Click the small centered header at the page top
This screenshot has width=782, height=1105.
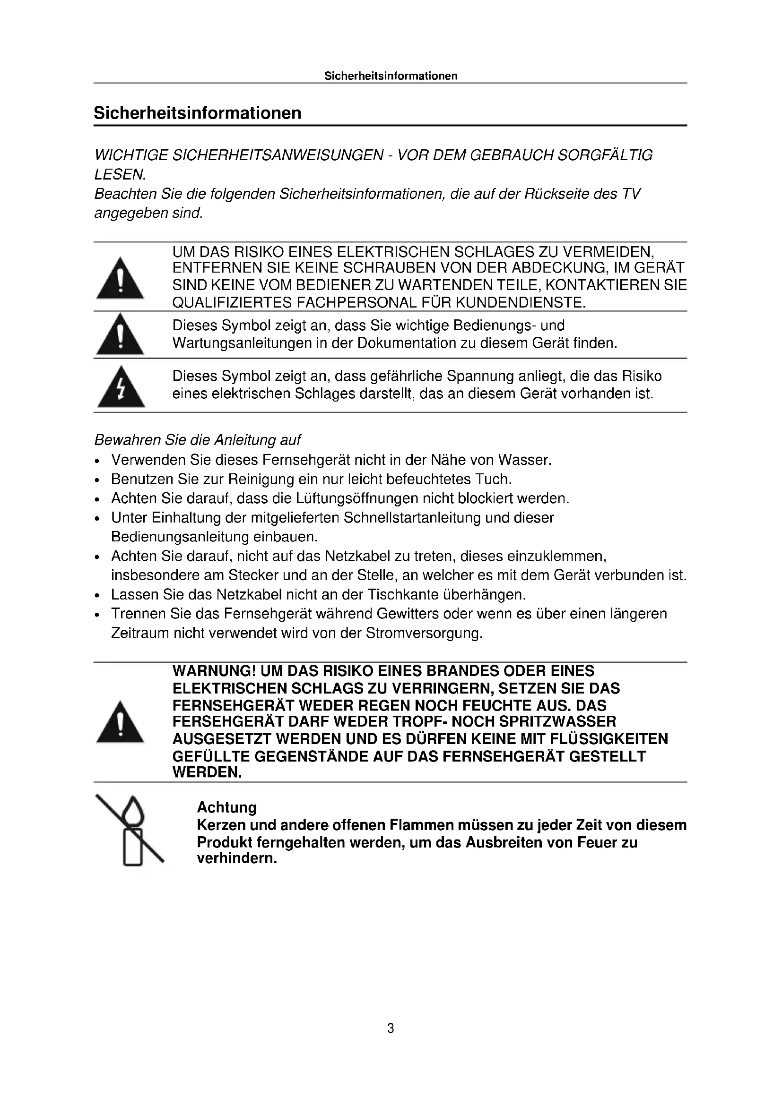(391, 76)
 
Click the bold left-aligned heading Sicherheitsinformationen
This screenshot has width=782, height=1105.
(198, 113)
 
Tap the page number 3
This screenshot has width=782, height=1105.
(391, 1028)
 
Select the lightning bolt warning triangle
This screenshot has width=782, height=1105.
(121, 388)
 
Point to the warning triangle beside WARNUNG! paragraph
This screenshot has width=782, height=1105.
(120, 722)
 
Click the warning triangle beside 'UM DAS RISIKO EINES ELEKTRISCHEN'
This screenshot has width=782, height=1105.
(120, 279)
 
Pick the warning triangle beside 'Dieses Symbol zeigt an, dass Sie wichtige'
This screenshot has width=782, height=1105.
(120, 334)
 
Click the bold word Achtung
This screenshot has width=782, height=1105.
(226, 807)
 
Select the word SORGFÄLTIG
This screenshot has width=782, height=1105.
(605, 155)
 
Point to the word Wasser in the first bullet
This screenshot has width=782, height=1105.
(524, 460)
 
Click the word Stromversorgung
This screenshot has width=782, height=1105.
(424, 634)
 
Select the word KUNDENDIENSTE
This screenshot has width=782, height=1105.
(521, 303)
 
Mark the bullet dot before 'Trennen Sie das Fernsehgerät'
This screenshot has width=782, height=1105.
(98, 615)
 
